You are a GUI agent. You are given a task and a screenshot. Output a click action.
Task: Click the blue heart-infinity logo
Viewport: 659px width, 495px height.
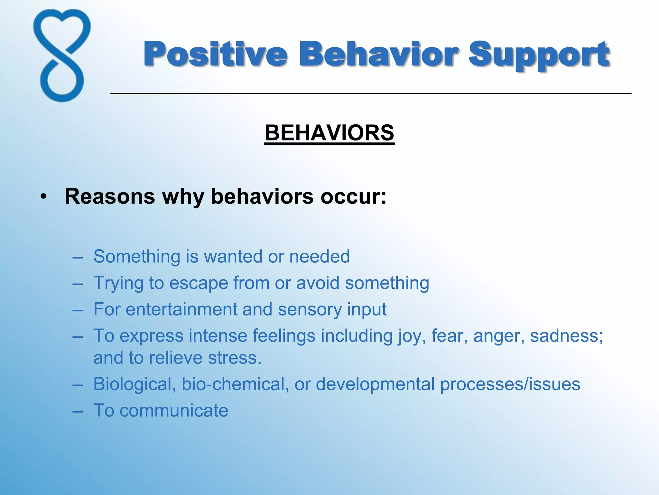[x=62, y=55]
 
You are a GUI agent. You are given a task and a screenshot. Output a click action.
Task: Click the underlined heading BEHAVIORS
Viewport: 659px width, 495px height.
[x=329, y=133]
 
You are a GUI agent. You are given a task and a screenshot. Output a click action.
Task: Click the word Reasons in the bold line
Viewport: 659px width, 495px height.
[x=110, y=196]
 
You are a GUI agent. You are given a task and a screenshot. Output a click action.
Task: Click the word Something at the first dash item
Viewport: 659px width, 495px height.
[x=137, y=257]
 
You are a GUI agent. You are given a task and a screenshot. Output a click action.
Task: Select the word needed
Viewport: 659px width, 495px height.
[x=319, y=257]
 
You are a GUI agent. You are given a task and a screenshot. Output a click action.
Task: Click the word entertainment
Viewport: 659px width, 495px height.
[x=181, y=309]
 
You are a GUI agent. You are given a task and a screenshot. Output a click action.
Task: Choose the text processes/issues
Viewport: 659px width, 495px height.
[x=510, y=384]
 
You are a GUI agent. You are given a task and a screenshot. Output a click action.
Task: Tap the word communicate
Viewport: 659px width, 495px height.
[x=174, y=411]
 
